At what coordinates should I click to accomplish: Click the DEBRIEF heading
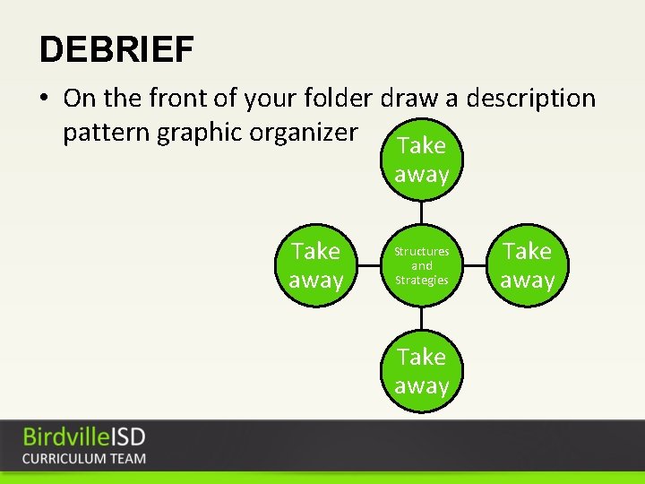[116, 49]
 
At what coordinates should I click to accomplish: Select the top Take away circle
[421, 160]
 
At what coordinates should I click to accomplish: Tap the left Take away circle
[316, 265]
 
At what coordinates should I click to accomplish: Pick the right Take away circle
[528, 265]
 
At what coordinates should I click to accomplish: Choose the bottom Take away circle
[421, 371]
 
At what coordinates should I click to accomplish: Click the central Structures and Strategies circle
[421, 265]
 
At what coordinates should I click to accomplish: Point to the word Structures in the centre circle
[421, 252]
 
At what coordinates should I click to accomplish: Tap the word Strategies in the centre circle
[421, 280]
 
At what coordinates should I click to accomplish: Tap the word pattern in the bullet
[107, 132]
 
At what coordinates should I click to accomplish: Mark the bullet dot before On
[46, 98]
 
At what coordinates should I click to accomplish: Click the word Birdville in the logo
[67, 437]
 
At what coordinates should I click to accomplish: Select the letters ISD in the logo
[128, 437]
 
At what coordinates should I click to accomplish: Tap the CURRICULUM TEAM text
[84, 458]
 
